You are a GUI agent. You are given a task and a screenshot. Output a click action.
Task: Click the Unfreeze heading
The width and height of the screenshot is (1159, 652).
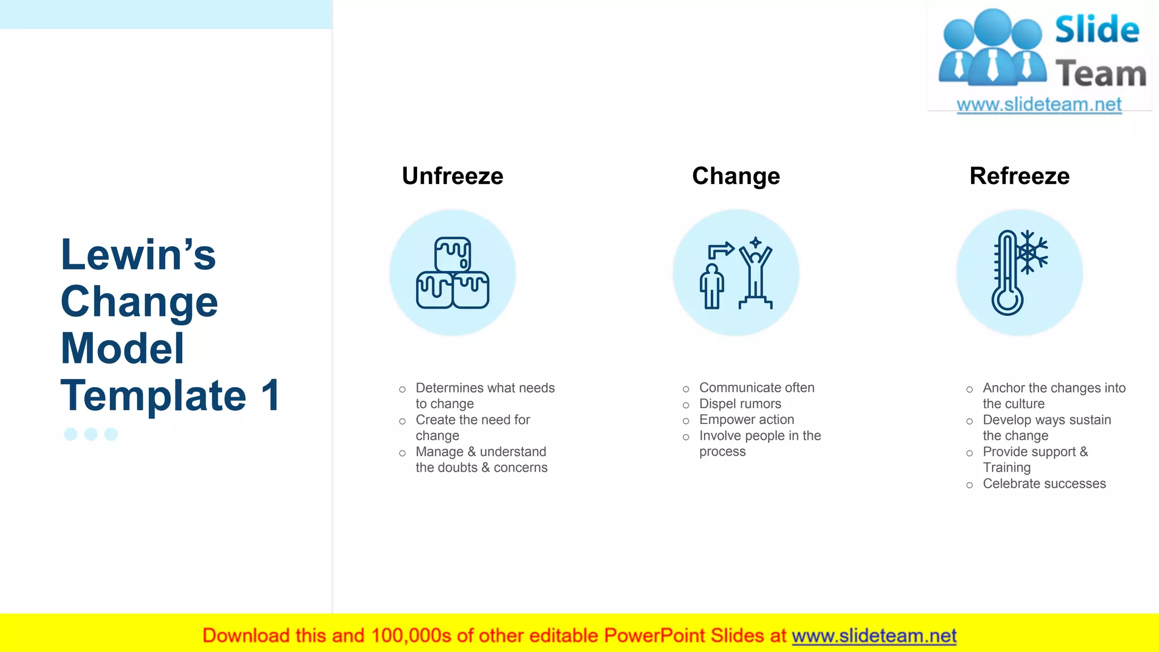[x=452, y=176]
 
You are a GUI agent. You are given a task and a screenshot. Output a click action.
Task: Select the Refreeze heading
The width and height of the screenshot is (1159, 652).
[x=1019, y=176]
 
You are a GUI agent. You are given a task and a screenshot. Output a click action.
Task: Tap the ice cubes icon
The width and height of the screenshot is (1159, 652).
[x=452, y=273]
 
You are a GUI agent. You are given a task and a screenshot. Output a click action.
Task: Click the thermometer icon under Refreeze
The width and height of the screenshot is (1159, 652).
[x=1007, y=273]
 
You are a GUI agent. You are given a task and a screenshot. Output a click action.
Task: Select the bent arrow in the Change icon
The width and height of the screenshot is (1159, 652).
[x=720, y=250]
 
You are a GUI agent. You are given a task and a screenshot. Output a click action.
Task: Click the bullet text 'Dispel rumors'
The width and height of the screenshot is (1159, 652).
[x=740, y=404]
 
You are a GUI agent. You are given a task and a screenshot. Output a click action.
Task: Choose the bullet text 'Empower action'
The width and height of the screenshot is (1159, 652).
[x=746, y=419]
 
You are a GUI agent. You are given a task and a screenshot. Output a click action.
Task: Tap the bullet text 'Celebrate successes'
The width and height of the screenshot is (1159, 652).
[x=1044, y=483]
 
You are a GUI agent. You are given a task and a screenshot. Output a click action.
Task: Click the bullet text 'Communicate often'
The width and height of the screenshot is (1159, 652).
[x=757, y=388]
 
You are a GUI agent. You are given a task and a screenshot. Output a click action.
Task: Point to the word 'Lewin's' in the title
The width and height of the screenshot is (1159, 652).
[x=138, y=255]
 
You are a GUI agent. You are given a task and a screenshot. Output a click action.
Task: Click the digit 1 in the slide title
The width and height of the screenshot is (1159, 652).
[x=271, y=395]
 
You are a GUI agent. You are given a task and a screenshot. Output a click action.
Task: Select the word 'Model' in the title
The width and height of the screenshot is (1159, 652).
[x=122, y=348]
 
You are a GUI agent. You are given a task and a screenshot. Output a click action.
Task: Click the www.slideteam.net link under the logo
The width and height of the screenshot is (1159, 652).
[x=1039, y=105]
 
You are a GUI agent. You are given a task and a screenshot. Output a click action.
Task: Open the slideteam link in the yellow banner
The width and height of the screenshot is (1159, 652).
[x=874, y=636]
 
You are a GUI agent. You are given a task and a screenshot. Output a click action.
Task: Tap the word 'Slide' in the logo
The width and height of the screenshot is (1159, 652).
[x=1097, y=29]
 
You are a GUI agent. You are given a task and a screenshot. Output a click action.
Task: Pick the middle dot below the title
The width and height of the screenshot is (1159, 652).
[x=91, y=434]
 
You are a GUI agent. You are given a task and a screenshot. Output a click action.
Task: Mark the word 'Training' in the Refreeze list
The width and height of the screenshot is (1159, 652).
[x=1006, y=467]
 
